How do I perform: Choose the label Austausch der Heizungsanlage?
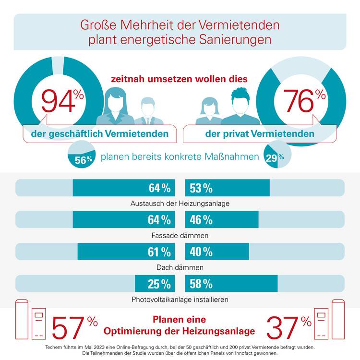(180, 204)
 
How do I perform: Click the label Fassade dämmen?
(180, 236)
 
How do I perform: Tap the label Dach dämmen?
(180, 267)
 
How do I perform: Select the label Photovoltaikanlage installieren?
(180, 300)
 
